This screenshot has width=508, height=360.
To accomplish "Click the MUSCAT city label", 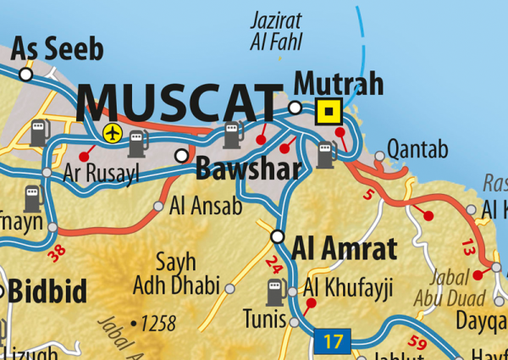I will [x=179, y=103].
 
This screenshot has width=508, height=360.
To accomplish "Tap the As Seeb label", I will [x=58, y=48].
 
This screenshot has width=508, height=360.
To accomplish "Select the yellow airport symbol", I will [x=112, y=132].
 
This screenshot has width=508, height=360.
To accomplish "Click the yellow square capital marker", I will [x=328, y=111].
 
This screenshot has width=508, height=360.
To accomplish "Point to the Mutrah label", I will [x=339, y=84].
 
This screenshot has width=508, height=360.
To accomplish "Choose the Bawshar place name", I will [x=248, y=169].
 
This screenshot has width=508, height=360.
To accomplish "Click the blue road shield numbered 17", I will [x=333, y=343].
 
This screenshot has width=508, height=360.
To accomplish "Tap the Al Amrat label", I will [x=344, y=249].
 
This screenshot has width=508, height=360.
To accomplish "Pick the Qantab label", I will [x=417, y=151].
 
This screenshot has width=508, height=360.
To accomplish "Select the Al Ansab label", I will [x=206, y=205].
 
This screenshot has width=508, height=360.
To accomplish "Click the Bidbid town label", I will [x=47, y=292].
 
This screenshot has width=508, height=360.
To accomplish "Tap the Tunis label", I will [x=263, y=318].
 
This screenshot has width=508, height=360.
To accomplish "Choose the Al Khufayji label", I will [x=349, y=291].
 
